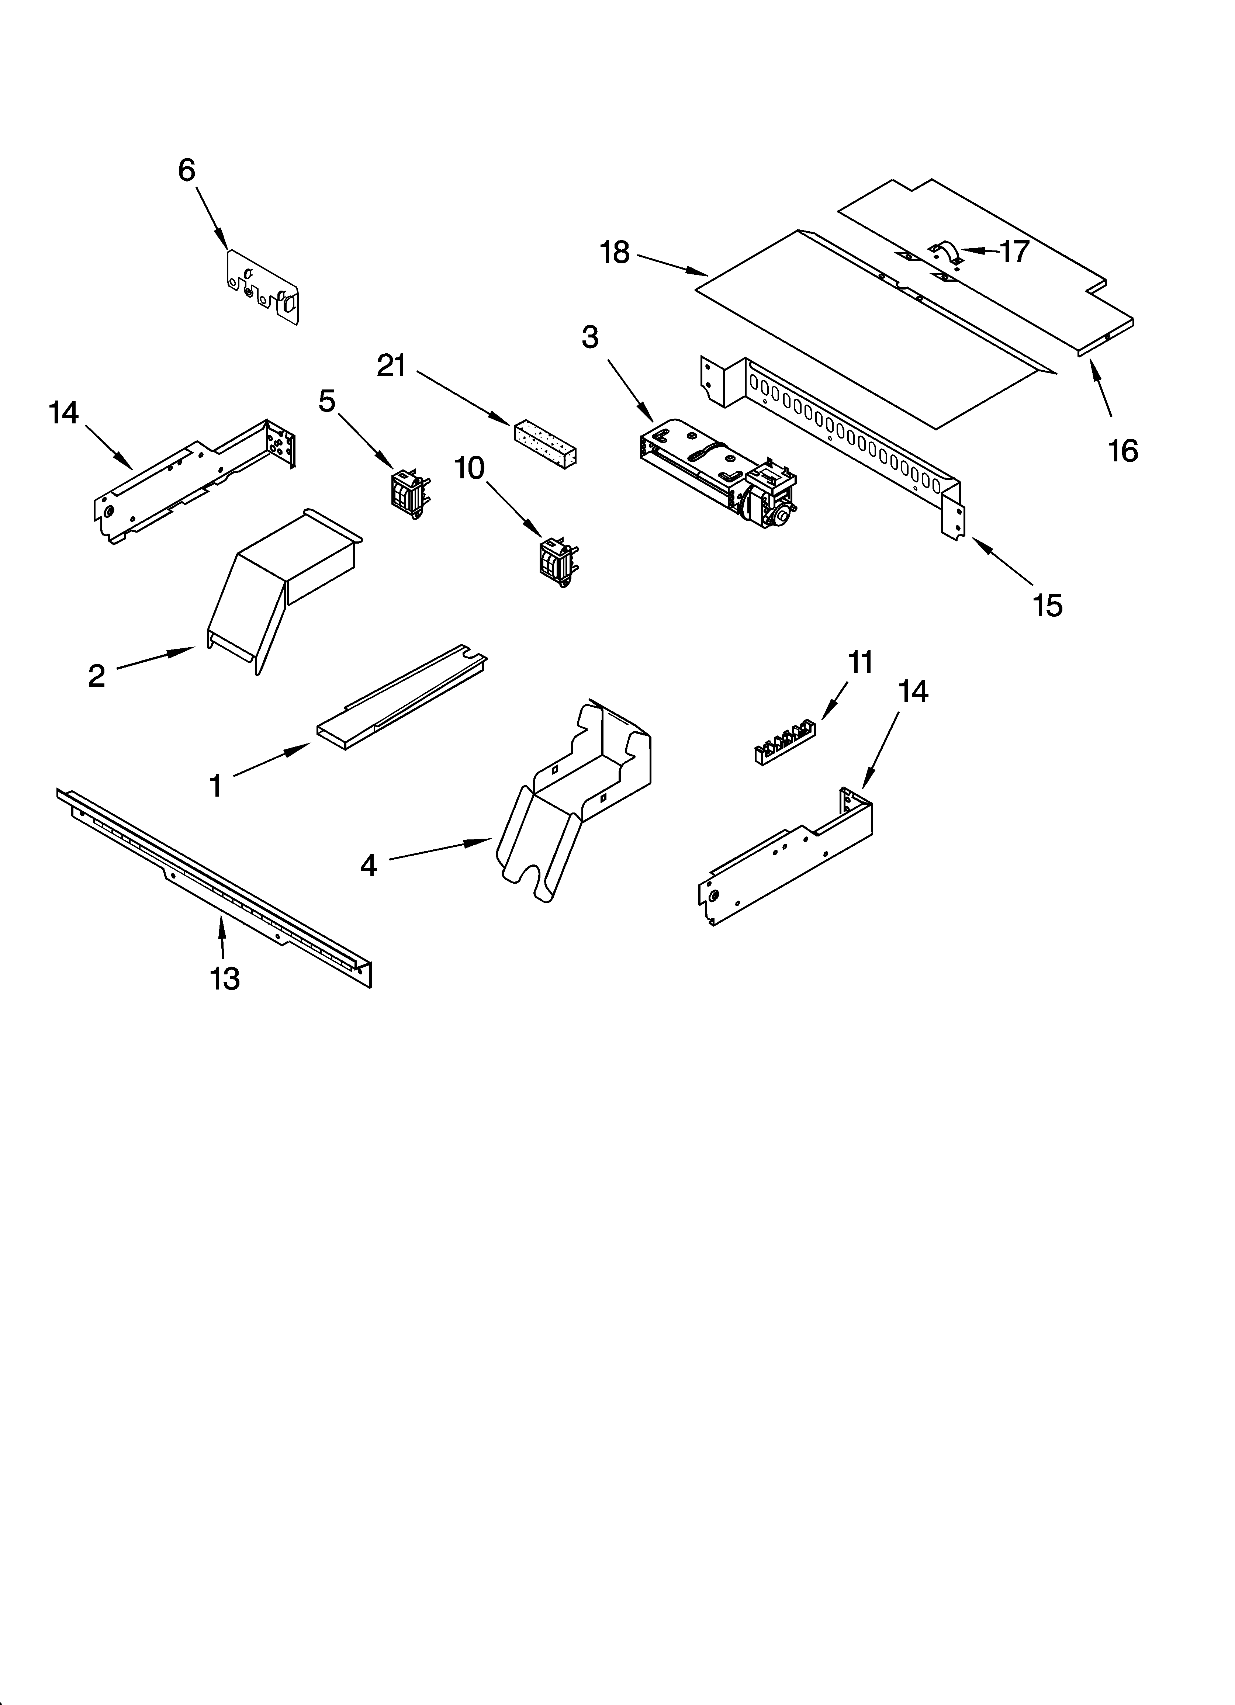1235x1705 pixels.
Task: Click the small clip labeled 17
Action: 945,253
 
